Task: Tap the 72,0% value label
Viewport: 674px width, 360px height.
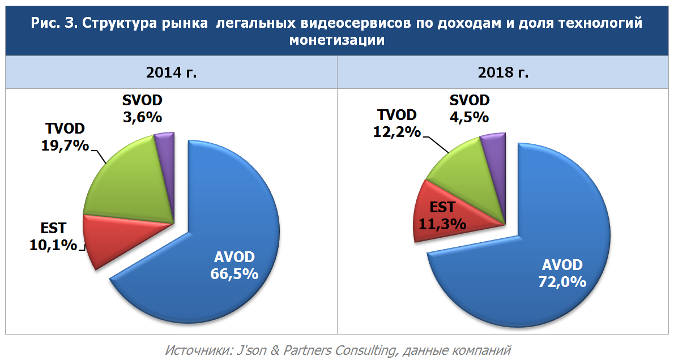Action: tap(562, 281)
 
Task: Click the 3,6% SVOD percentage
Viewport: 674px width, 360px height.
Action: tap(142, 117)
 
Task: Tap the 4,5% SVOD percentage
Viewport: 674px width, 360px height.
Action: tap(470, 117)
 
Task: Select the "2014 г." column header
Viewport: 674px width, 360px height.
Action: tap(172, 73)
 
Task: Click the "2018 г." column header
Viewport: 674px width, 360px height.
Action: tap(505, 73)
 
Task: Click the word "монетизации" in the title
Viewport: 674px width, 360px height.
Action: tap(336, 40)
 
